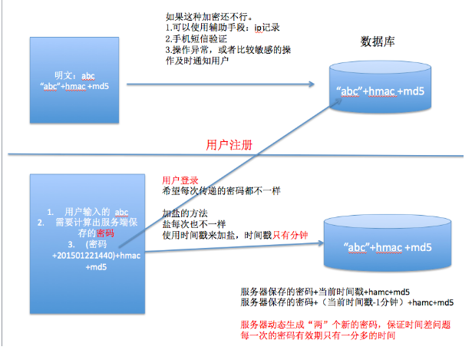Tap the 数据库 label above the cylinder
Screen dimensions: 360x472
pyautogui.click(x=383, y=39)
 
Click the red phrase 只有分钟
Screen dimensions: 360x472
pyautogui.click(x=292, y=235)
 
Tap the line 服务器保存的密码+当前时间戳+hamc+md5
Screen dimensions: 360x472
pyautogui.click(x=325, y=292)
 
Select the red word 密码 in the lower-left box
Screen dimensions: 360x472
pyautogui.click(x=106, y=233)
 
